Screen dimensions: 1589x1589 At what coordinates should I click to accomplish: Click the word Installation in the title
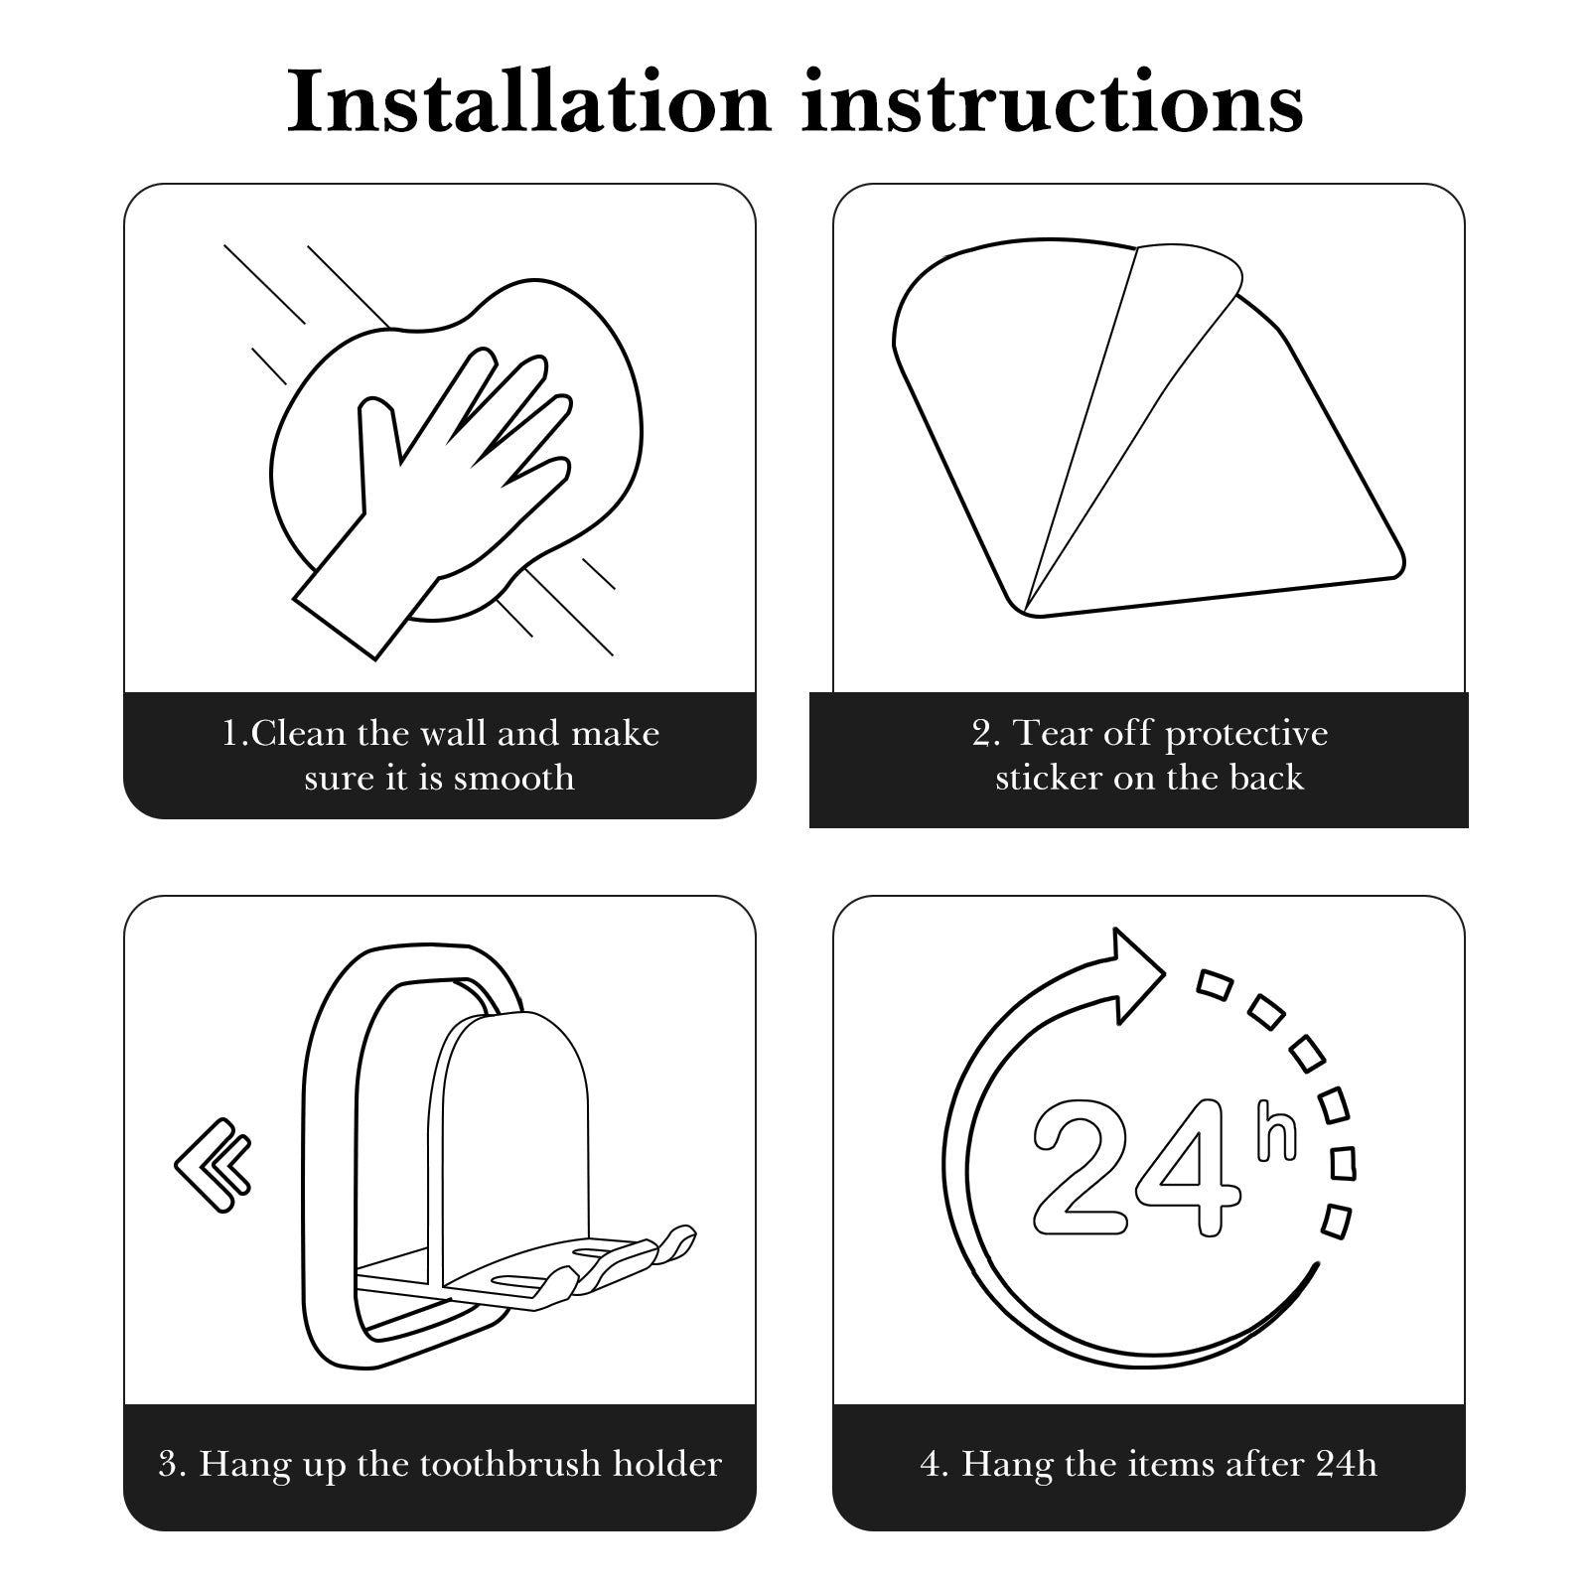[529, 102]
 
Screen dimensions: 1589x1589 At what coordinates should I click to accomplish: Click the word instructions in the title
[1053, 102]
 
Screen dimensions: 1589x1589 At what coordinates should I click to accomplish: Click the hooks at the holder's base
[616, 1261]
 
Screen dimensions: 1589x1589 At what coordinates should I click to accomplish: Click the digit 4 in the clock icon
[1188, 1167]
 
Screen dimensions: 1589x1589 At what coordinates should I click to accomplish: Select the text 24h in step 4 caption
[1347, 1464]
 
